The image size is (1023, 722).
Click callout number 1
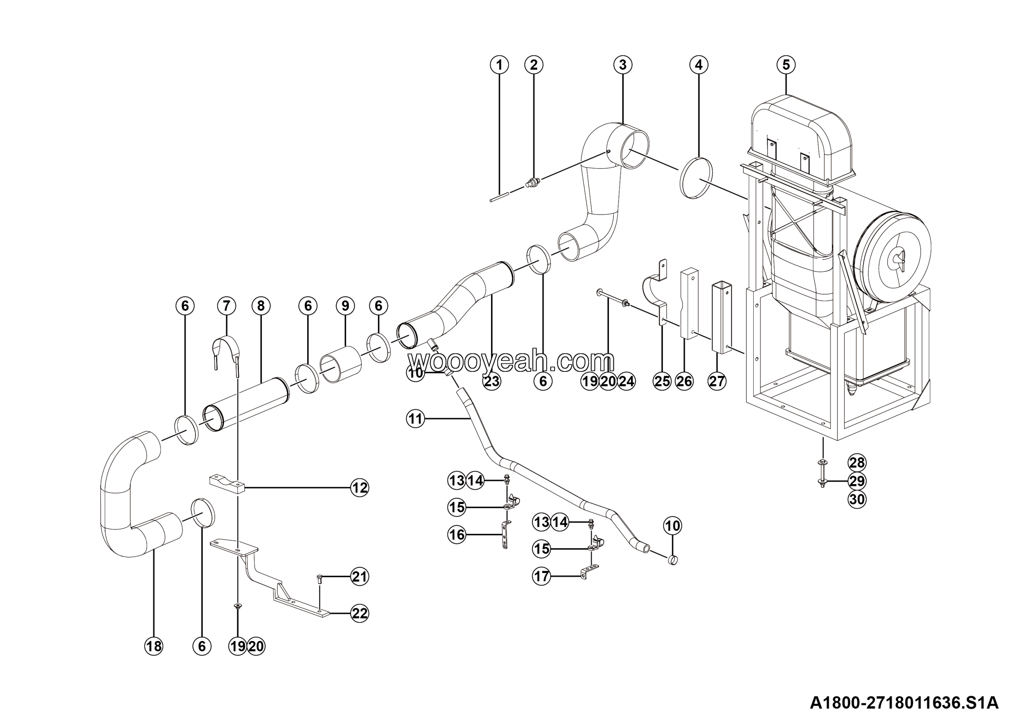click(x=499, y=65)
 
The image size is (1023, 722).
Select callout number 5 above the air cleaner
click(x=786, y=65)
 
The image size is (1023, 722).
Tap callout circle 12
click(x=360, y=488)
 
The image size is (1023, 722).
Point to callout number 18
click(x=154, y=646)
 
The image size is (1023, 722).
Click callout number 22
click(x=360, y=613)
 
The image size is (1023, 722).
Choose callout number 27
click(x=717, y=381)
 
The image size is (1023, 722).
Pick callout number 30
click(x=857, y=500)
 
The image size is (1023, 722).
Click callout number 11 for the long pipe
click(x=415, y=419)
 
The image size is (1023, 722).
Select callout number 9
click(x=345, y=306)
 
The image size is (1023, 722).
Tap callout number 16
click(x=457, y=535)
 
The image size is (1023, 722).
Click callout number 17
click(x=542, y=577)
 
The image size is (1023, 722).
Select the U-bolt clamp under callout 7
click(x=226, y=352)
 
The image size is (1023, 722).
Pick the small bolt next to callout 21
click(x=319, y=578)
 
